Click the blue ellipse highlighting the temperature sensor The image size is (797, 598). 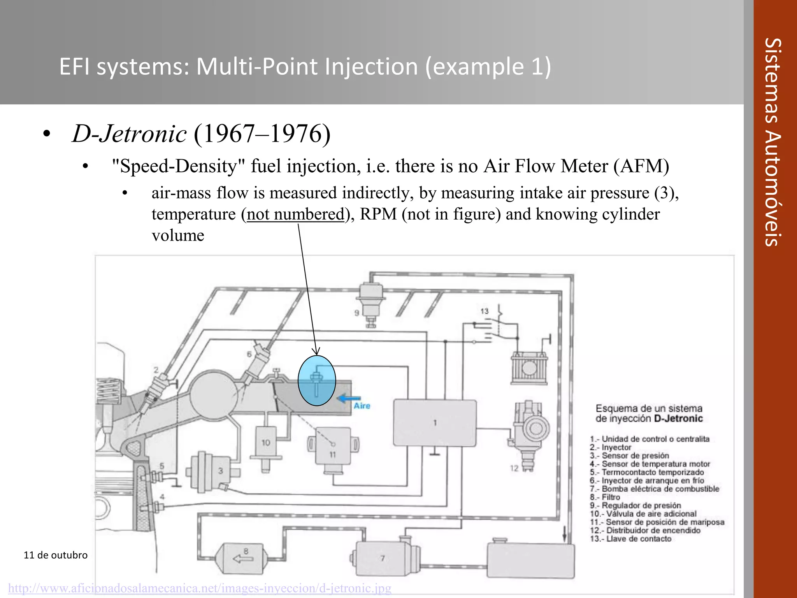coord(316,381)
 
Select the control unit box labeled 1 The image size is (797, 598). coord(435,423)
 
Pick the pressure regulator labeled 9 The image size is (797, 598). coord(371,303)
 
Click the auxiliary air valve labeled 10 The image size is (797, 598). coord(266,447)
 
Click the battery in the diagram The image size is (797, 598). coord(528,368)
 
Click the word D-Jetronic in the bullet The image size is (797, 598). coord(129,134)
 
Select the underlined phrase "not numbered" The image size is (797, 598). coord(295,214)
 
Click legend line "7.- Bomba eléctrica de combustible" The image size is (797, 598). coord(654,489)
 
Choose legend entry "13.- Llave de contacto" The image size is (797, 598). coord(630,539)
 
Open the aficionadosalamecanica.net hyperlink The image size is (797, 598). coord(200,588)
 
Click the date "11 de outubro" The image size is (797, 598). coord(56,555)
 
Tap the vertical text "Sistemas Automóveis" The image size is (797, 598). coord(773,142)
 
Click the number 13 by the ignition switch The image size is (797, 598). coord(484,311)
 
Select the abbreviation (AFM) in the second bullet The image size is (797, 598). coord(641,166)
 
